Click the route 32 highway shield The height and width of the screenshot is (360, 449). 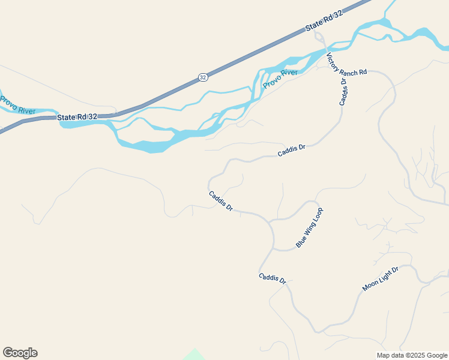tap(203, 77)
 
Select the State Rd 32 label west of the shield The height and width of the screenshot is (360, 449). tap(77, 117)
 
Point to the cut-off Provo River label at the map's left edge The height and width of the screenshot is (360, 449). tap(17, 105)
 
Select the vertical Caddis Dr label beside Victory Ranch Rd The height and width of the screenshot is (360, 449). tap(343, 91)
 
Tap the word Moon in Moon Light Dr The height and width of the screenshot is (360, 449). tap(371, 286)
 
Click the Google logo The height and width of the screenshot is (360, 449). tap(20, 353)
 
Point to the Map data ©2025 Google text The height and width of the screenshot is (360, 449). tap(412, 355)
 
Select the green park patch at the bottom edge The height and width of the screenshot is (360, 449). tap(193, 355)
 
